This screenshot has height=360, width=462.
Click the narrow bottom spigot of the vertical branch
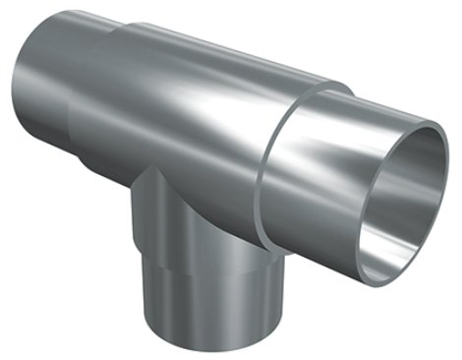(x=192, y=300)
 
